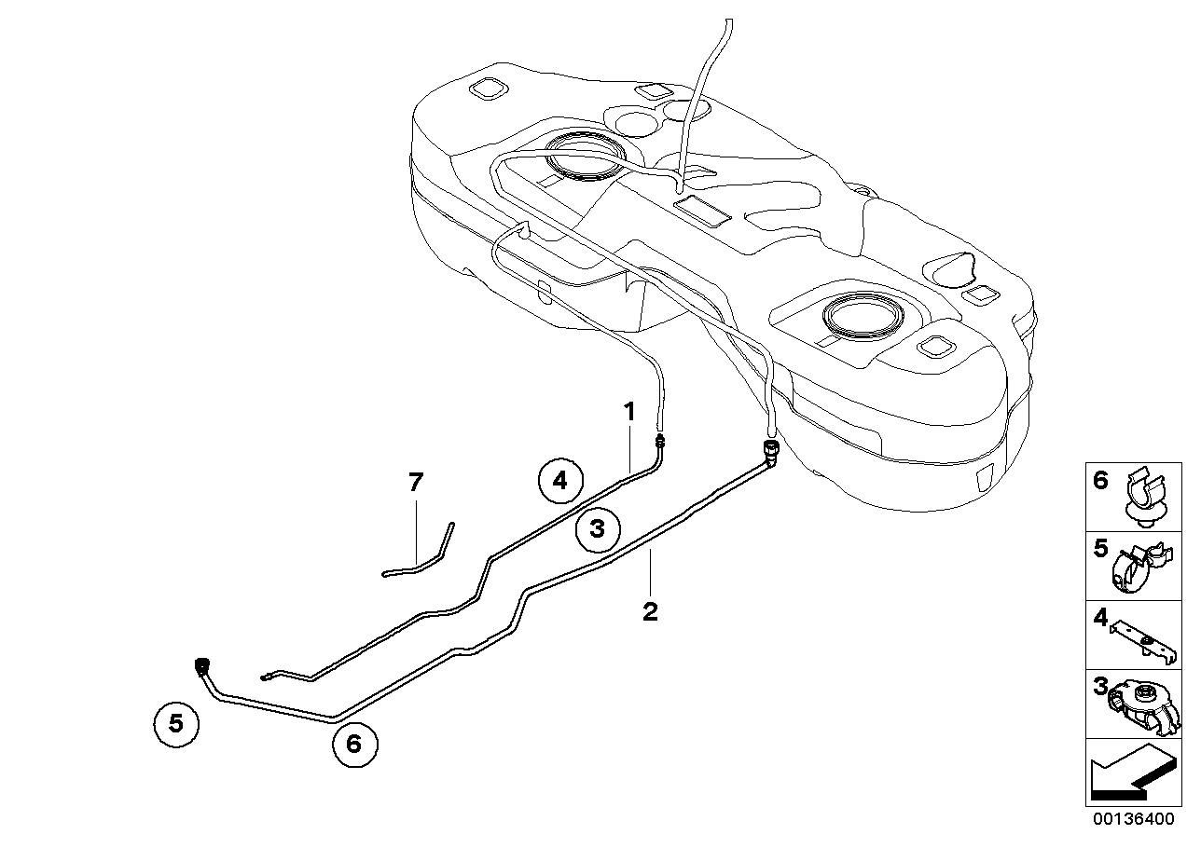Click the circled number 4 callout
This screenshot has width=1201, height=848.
pyautogui.click(x=559, y=481)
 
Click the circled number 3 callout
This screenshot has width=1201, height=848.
pyautogui.click(x=598, y=529)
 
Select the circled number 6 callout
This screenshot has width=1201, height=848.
pyautogui.click(x=352, y=744)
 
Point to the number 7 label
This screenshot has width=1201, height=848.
pyautogui.click(x=416, y=482)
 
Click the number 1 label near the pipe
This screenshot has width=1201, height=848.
pyautogui.click(x=630, y=411)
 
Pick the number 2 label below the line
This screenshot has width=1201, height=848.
pyautogui.click(x=650, y=611)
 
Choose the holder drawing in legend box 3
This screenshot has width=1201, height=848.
pyautogui.click(x=1143, y=704)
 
